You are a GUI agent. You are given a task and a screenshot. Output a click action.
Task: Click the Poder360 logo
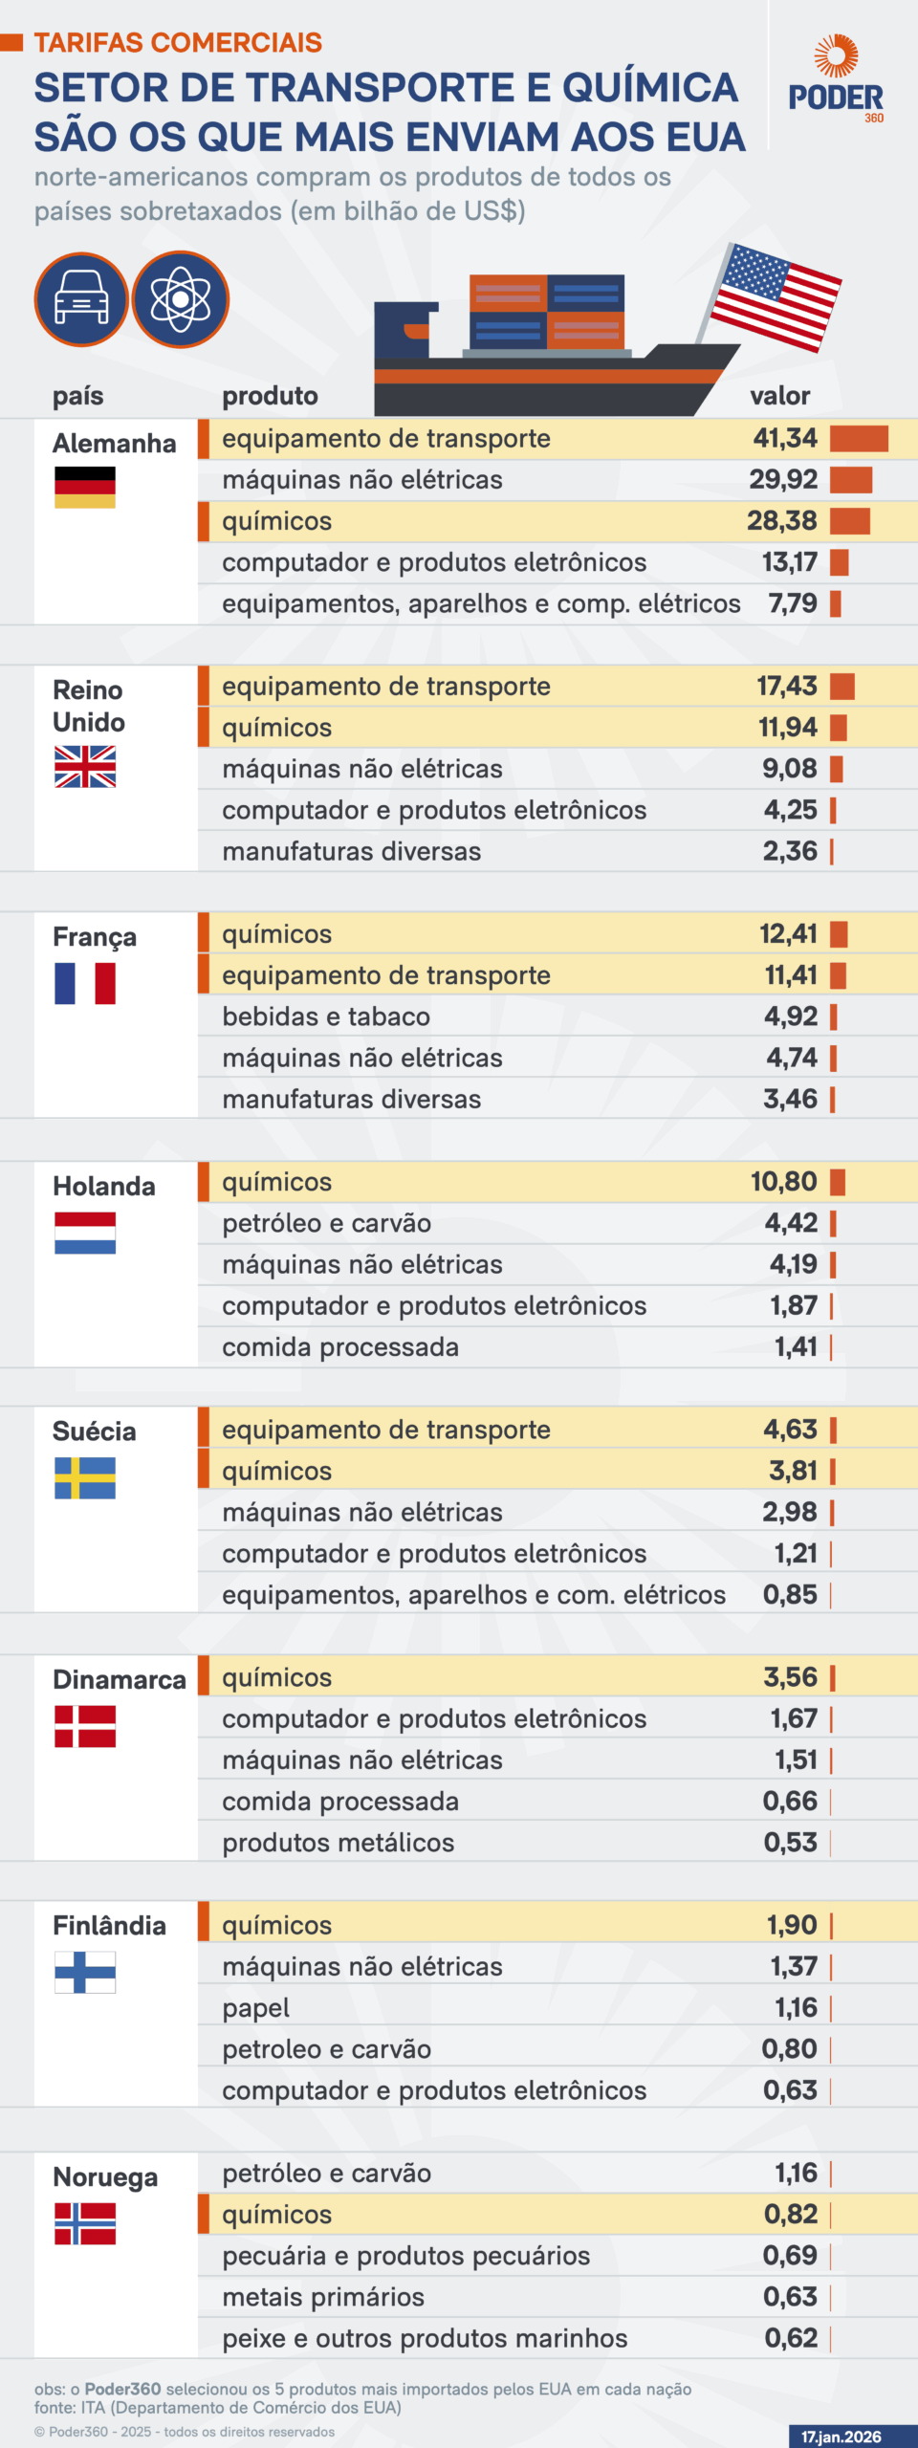pyautogui.click(x=836, y=80)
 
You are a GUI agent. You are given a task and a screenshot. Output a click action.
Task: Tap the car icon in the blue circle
pyautogui.click(x=81, y=299)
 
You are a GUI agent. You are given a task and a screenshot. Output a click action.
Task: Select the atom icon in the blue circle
pyautogui.click(x=181, y=299)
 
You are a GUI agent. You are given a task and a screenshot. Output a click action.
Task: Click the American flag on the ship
pyautogui.click(x=776, y=296)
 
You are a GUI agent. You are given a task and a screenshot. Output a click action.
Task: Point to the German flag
pyautogui.click(x=85, y=487)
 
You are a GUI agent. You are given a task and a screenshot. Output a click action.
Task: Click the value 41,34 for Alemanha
pyautogui.click(x=785, y=439)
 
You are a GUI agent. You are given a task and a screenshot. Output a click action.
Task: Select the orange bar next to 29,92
pyautogui.click(x=851, y=480)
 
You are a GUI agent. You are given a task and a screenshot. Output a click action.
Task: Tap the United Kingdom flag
pyautogui.click(x=85, y=767)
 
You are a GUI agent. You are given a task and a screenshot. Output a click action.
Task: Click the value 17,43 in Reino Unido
pyautogui.click(x=787, y=687)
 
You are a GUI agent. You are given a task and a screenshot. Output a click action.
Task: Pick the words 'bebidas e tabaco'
pyautogui.click(x=326, y=1016)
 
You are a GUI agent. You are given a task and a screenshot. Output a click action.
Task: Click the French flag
pyautogui.click(x=85, y=983)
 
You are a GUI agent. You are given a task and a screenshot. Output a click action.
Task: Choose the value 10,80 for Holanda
pyautogui.click(x=783, y=1182)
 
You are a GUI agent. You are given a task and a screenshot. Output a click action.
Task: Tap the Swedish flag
pyautogui.click(x=85, y=1478)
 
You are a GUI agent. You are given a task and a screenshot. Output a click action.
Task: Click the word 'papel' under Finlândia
pyautogui.click(x=255, y=2008)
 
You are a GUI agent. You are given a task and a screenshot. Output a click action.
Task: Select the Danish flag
pyautogui.click(x=85, y=1727)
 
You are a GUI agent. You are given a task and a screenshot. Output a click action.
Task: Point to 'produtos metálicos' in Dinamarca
pyautogui.click(x=338, y=1843)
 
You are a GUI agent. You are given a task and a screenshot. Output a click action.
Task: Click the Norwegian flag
pyautogui.click(x=85, y=2223)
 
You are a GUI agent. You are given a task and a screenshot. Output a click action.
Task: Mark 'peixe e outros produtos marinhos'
pyautogui.click(x=425, y=2338)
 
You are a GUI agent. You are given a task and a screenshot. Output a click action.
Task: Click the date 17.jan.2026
pyautogui.click(x=841, y=2437)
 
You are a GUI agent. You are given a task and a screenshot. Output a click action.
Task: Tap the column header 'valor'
pyautogui.click(x=779, y=396)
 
